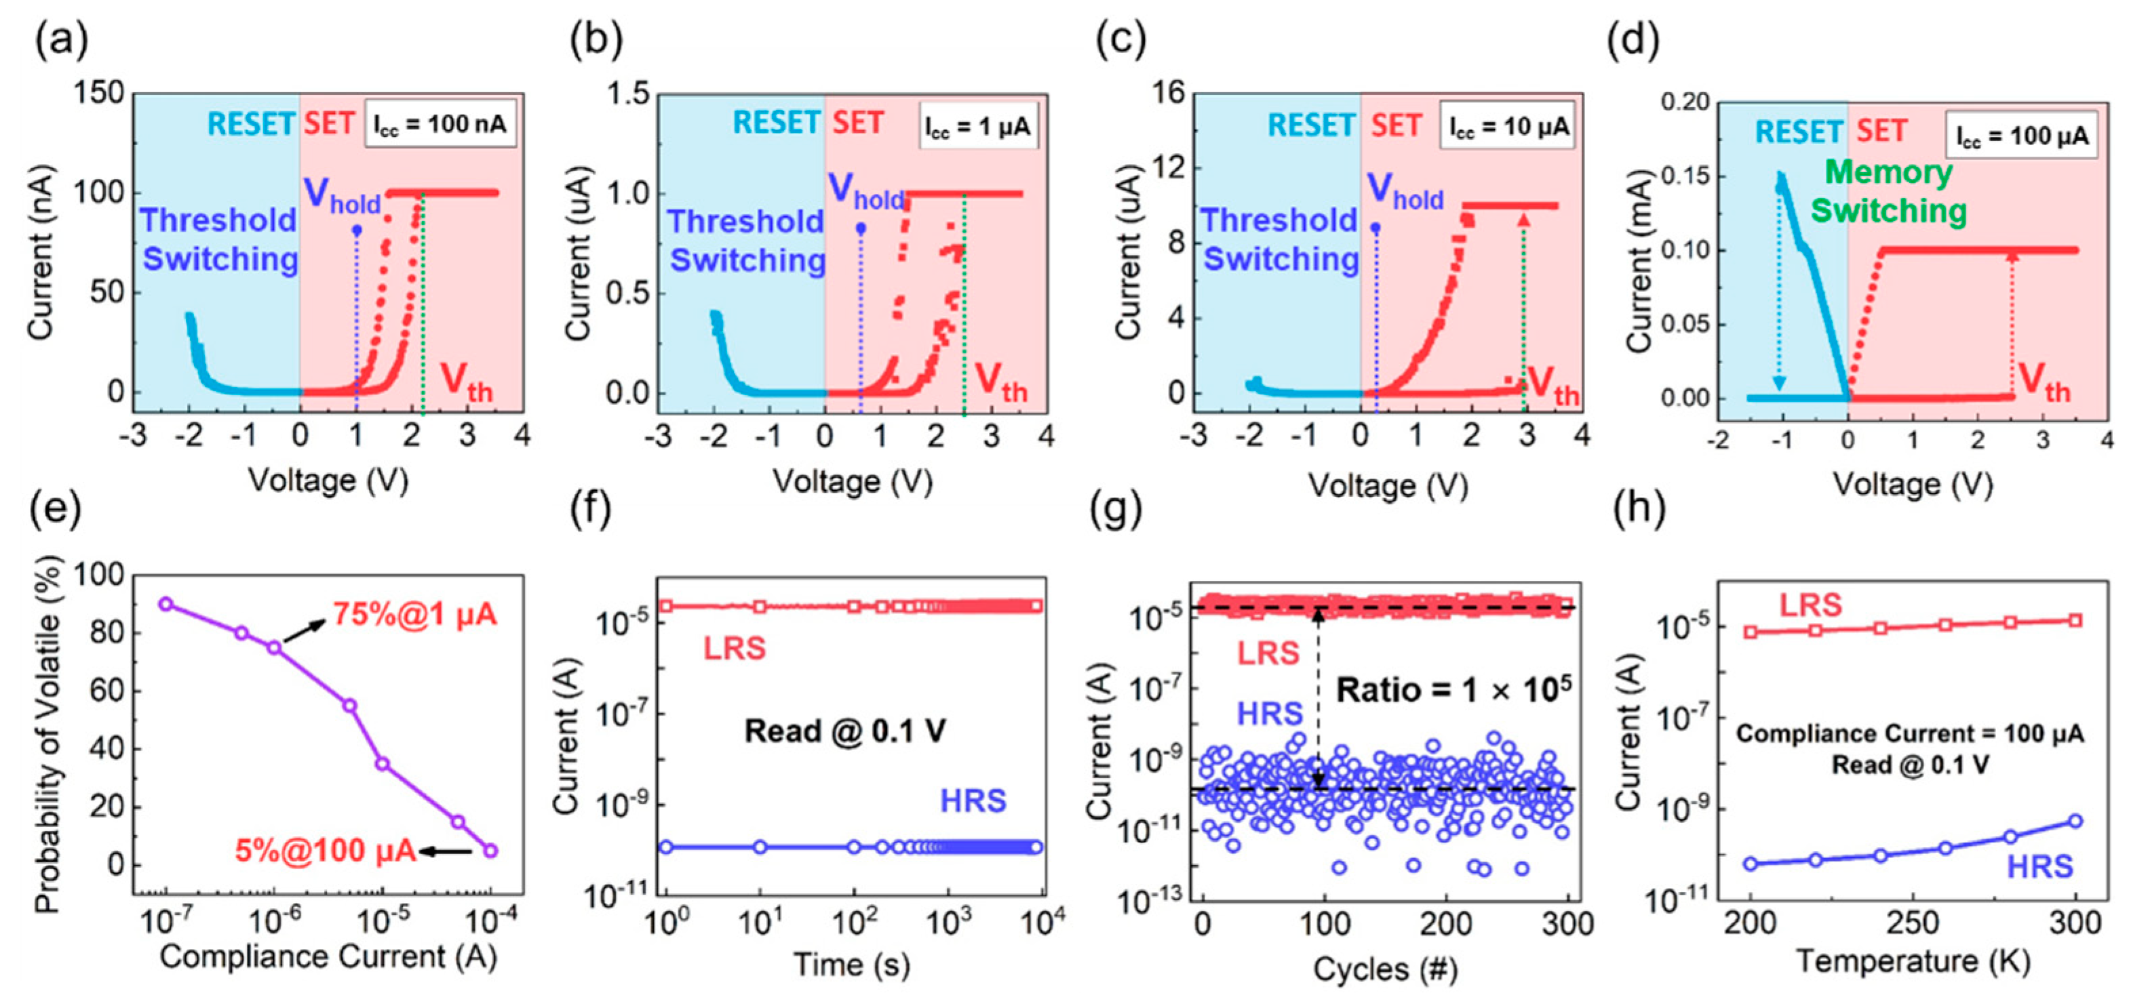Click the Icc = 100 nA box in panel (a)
pyautogui.click(x=440, y=124)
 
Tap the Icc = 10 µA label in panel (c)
pyautogui.click(x=1508, y=125)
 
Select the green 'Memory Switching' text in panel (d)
pyautogui.click(x=1888, y=192)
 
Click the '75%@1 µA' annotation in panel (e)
pyautogui.click(x=415, y=615)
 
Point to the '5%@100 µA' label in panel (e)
pyautogui.click(x=325, y=850)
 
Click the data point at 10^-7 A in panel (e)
pyautogui.click(x=166, y=604)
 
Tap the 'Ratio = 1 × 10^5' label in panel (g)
pyautogui.click(x=1453, y=688)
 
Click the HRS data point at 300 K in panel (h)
pyautogui.click(x=2075, y=820)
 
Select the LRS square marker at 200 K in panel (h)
pyautogui.click(x=1751, y=632)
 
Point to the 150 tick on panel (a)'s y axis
pyautogui.click(x=99, y=94)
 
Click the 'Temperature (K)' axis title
pyautogui.click(x=1913, y=960)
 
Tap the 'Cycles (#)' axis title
pyautogui.click(x=1385, y=967)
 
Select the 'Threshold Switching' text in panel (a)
pyautogui.click(x=219, y=239)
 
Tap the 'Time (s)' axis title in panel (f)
pyautogui.click(x=851, y=964)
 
